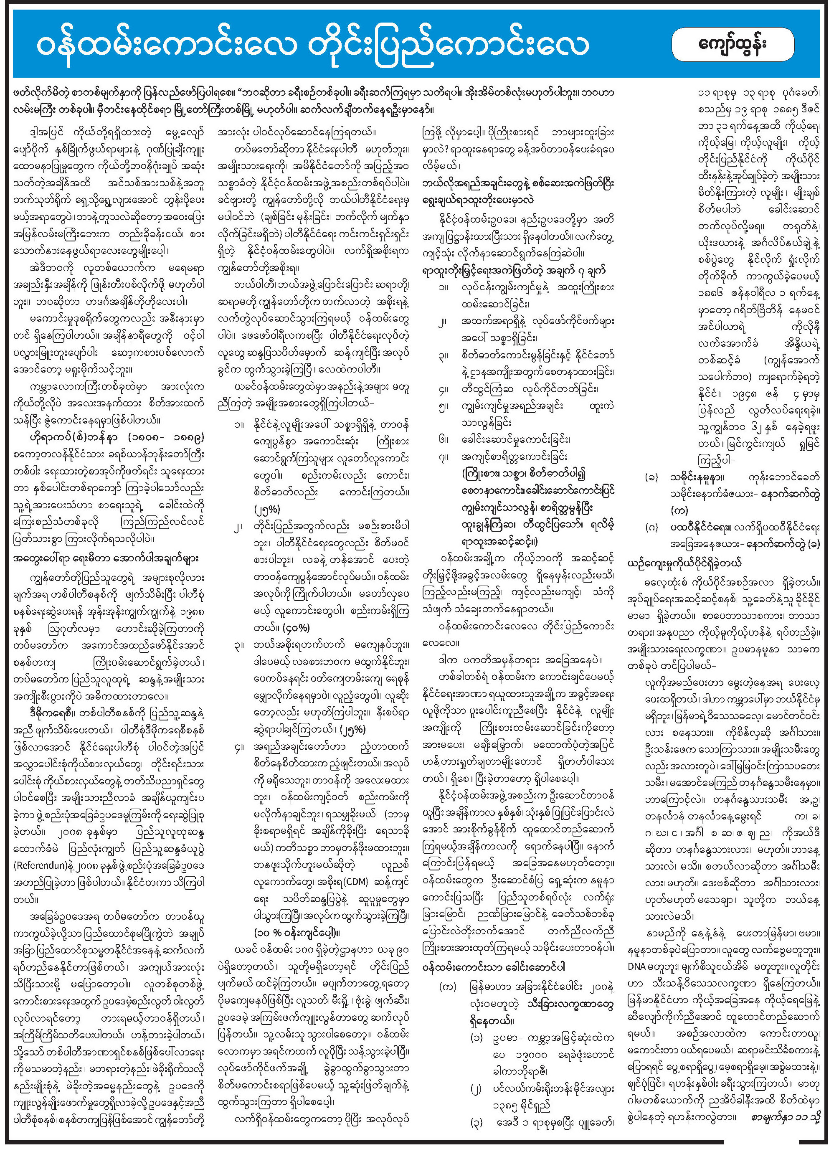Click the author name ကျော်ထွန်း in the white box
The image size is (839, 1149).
733,45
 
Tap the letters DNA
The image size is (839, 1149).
639,966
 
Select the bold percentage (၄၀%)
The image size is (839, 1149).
295,628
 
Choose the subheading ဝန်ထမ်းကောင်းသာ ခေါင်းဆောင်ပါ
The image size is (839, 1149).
494,966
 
